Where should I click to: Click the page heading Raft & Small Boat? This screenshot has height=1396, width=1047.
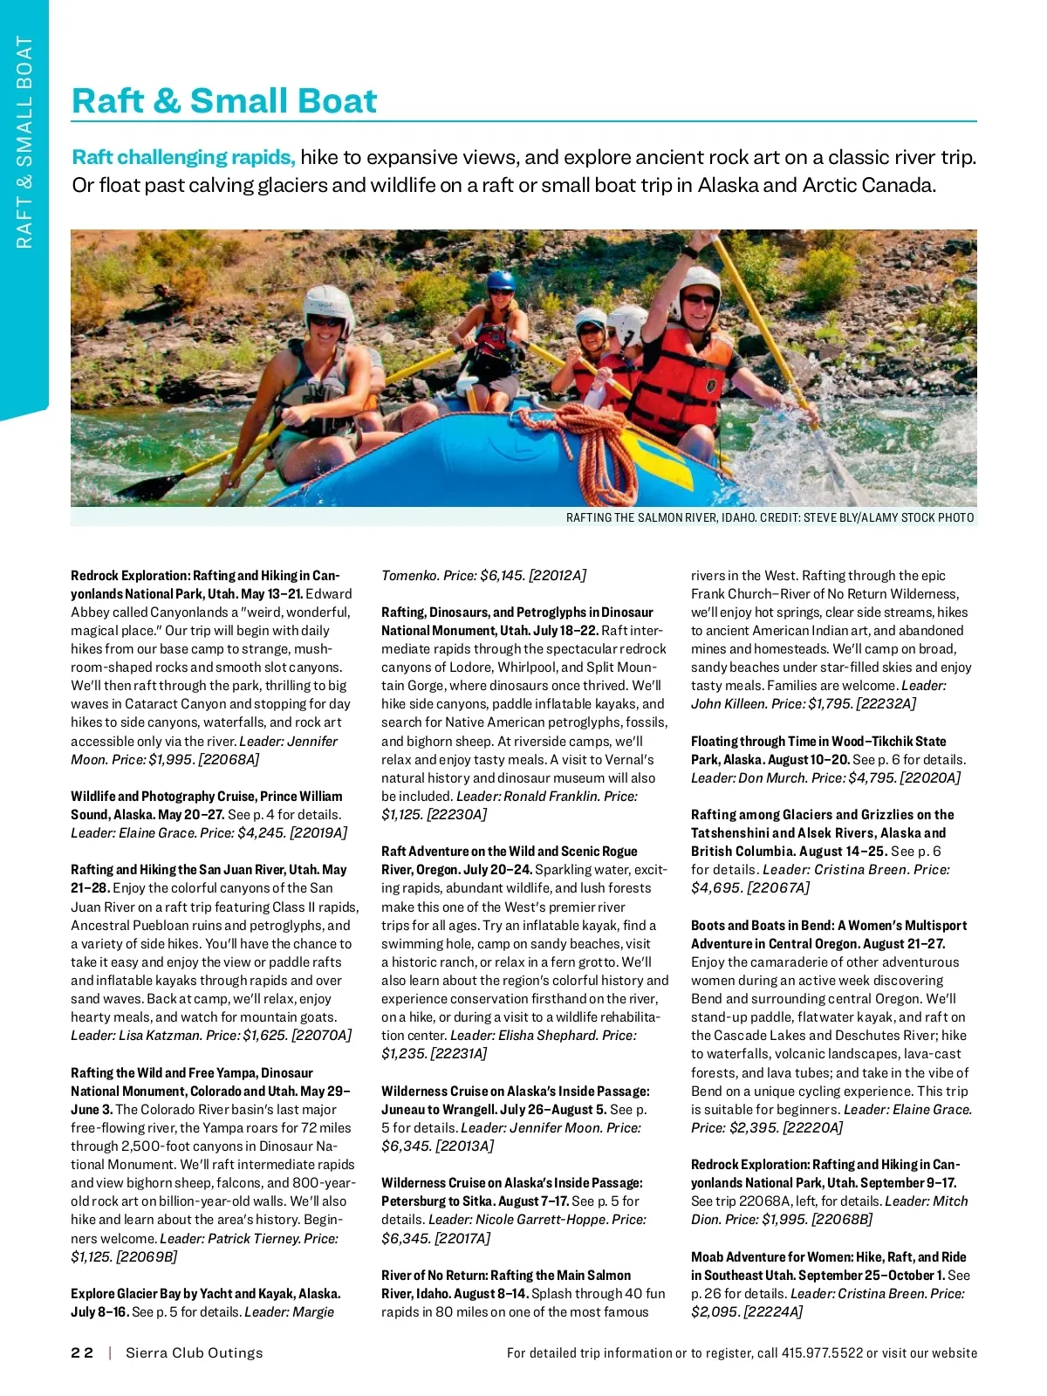tap(224, 101)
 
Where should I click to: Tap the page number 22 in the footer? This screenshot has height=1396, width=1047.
tap(82, 1352)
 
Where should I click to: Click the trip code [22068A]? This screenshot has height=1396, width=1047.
tap(229, 759)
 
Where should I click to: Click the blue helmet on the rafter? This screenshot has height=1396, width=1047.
tap(501, 282)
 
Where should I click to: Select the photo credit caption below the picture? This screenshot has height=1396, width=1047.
tap(770, 517)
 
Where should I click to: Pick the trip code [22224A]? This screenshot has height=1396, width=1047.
tap(773, 1311)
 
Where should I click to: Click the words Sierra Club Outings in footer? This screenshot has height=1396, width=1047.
tap(194, 1352)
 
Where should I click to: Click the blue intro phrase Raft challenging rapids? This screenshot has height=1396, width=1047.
tap(183, 158)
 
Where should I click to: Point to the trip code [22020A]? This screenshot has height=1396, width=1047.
tap(930, 777)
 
